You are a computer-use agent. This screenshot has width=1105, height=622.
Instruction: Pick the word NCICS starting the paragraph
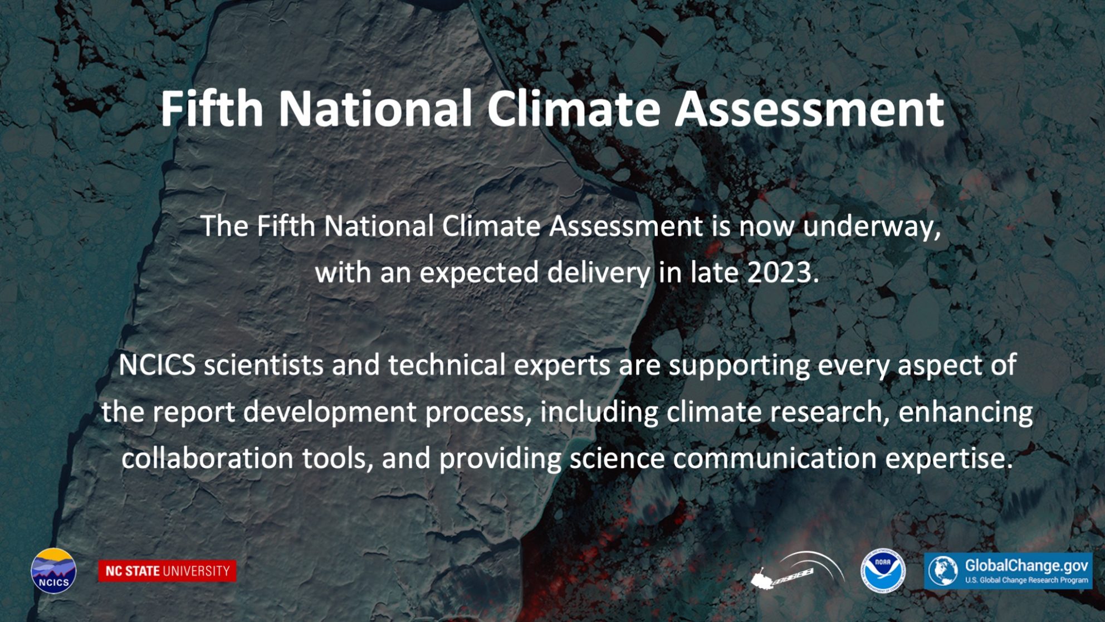(x=157, y=365)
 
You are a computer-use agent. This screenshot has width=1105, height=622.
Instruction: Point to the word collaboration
(x=207, y=459)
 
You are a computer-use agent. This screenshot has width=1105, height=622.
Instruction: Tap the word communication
(x=775, y=459)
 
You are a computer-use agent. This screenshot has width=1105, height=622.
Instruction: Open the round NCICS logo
(x=53, y=571)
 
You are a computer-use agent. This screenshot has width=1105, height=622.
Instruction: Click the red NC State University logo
(x=167, y=571)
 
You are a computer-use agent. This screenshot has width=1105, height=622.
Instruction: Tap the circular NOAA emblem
(x=883, y=571)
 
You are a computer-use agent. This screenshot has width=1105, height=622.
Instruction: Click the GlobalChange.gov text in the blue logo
(x=1026, y=566)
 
